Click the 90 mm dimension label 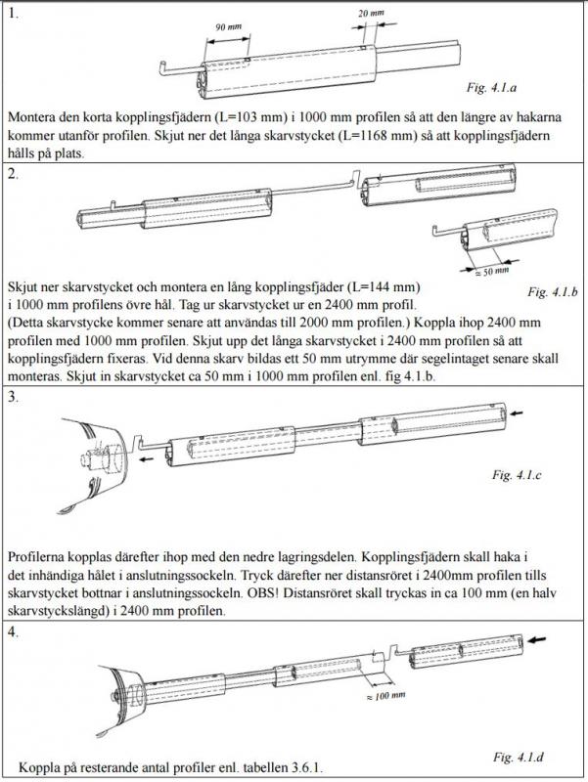tap(224, 26)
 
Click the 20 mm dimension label tap(370, 15)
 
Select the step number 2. tap(13, 174)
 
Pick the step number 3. tap(13, 397)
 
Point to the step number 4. tap(13, 631)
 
